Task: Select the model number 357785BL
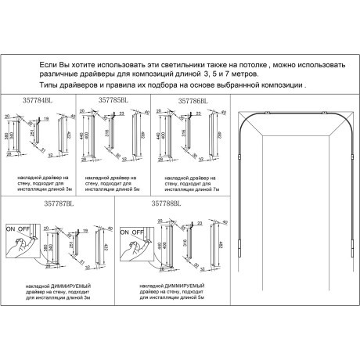click(x=113, y=100)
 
